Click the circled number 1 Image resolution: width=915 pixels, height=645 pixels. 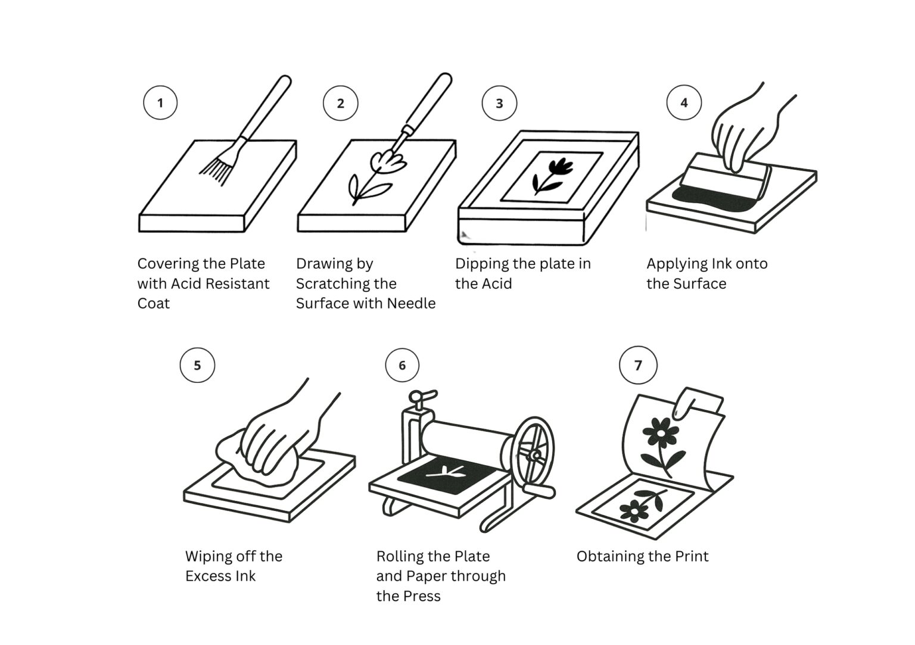click(160, 102)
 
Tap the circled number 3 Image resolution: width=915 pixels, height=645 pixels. click(499, 103)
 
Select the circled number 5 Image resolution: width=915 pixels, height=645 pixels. click(197, 365)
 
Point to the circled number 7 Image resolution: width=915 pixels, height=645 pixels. click(638, 365)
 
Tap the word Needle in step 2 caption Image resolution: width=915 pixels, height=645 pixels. click(411, 303)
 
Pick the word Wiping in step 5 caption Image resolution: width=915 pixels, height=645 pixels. click(208, 556)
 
